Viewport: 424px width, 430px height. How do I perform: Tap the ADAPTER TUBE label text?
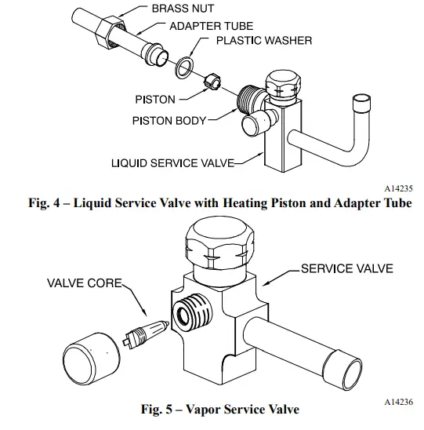pos(196,25)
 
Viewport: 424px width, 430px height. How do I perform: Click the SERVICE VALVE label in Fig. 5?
pos(345,268)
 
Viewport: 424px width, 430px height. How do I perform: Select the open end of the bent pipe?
pos(363,102)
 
